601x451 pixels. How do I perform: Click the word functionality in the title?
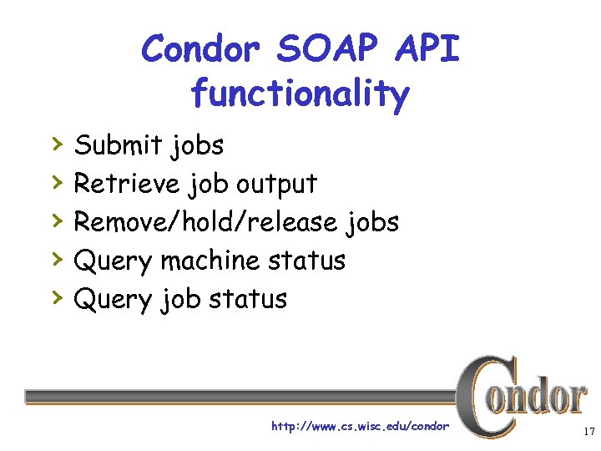(x=300, y=94)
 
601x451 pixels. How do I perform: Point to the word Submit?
(x=117, y=145)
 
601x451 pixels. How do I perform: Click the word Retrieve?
(x=125, y=184)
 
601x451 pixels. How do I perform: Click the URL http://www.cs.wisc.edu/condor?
(x=360, y=427)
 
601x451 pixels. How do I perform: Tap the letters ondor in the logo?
(x=543, y=398)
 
